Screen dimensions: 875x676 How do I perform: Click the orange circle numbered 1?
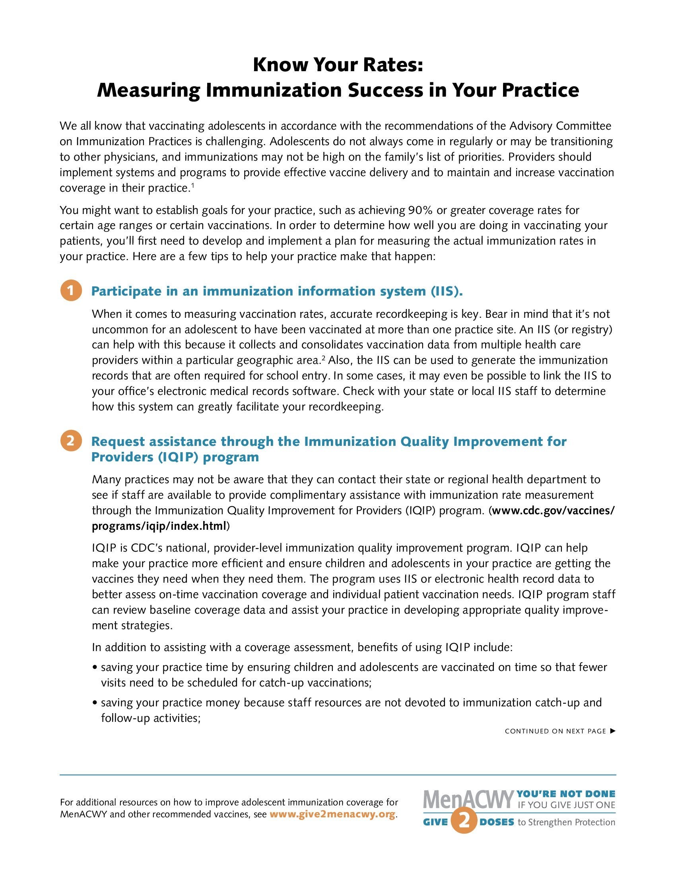[x=71, y=290]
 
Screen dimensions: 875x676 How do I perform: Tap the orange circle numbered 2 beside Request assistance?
[x=71, y=441]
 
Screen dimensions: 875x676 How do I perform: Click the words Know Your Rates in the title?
[x=338, y=64]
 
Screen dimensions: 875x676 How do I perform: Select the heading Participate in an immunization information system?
[x=277, y=291]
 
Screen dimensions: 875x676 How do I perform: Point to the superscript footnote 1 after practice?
[x=192, y=185]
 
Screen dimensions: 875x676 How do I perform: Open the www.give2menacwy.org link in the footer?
[x=332, y=815]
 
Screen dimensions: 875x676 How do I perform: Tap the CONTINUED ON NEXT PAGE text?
[x=556, y=731]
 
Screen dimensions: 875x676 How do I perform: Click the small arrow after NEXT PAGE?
[x=612, y=731]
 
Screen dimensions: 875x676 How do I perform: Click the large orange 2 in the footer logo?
[x=464, y=822]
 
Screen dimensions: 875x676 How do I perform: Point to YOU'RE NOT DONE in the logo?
[x=566, y=794]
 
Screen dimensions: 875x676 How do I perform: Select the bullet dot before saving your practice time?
[x=95, y=667]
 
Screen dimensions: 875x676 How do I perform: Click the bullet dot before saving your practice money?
[x=95, y=703]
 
